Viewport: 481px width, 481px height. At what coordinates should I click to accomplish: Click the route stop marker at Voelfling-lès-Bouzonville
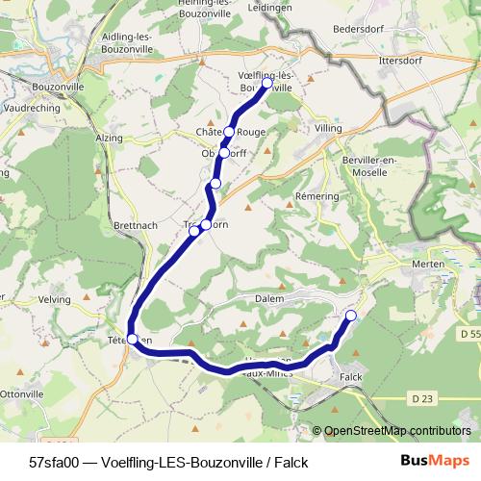pyautogui.click(x=267, y=84)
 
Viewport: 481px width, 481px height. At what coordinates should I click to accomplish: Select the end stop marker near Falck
pyautogui.click(x=351, y=316)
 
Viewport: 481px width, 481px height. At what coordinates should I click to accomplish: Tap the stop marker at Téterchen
pyautogui.click(x=133, y=339)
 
